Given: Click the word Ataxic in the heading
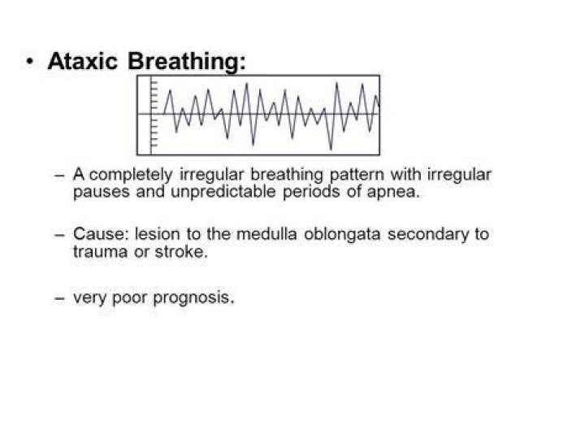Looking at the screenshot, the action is coord(82,60).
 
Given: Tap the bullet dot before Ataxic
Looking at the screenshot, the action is coord(29,61).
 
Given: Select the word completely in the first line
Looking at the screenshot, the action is coord(131,175).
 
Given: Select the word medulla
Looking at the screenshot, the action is coord(266,234).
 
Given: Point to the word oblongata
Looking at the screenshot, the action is coord(342,235).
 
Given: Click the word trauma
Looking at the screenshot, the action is coord(100,252).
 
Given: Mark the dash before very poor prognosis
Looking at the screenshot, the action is coord(59,298).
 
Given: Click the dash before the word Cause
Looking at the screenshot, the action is coord(59,235).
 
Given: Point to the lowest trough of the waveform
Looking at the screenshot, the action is coord(331,150).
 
